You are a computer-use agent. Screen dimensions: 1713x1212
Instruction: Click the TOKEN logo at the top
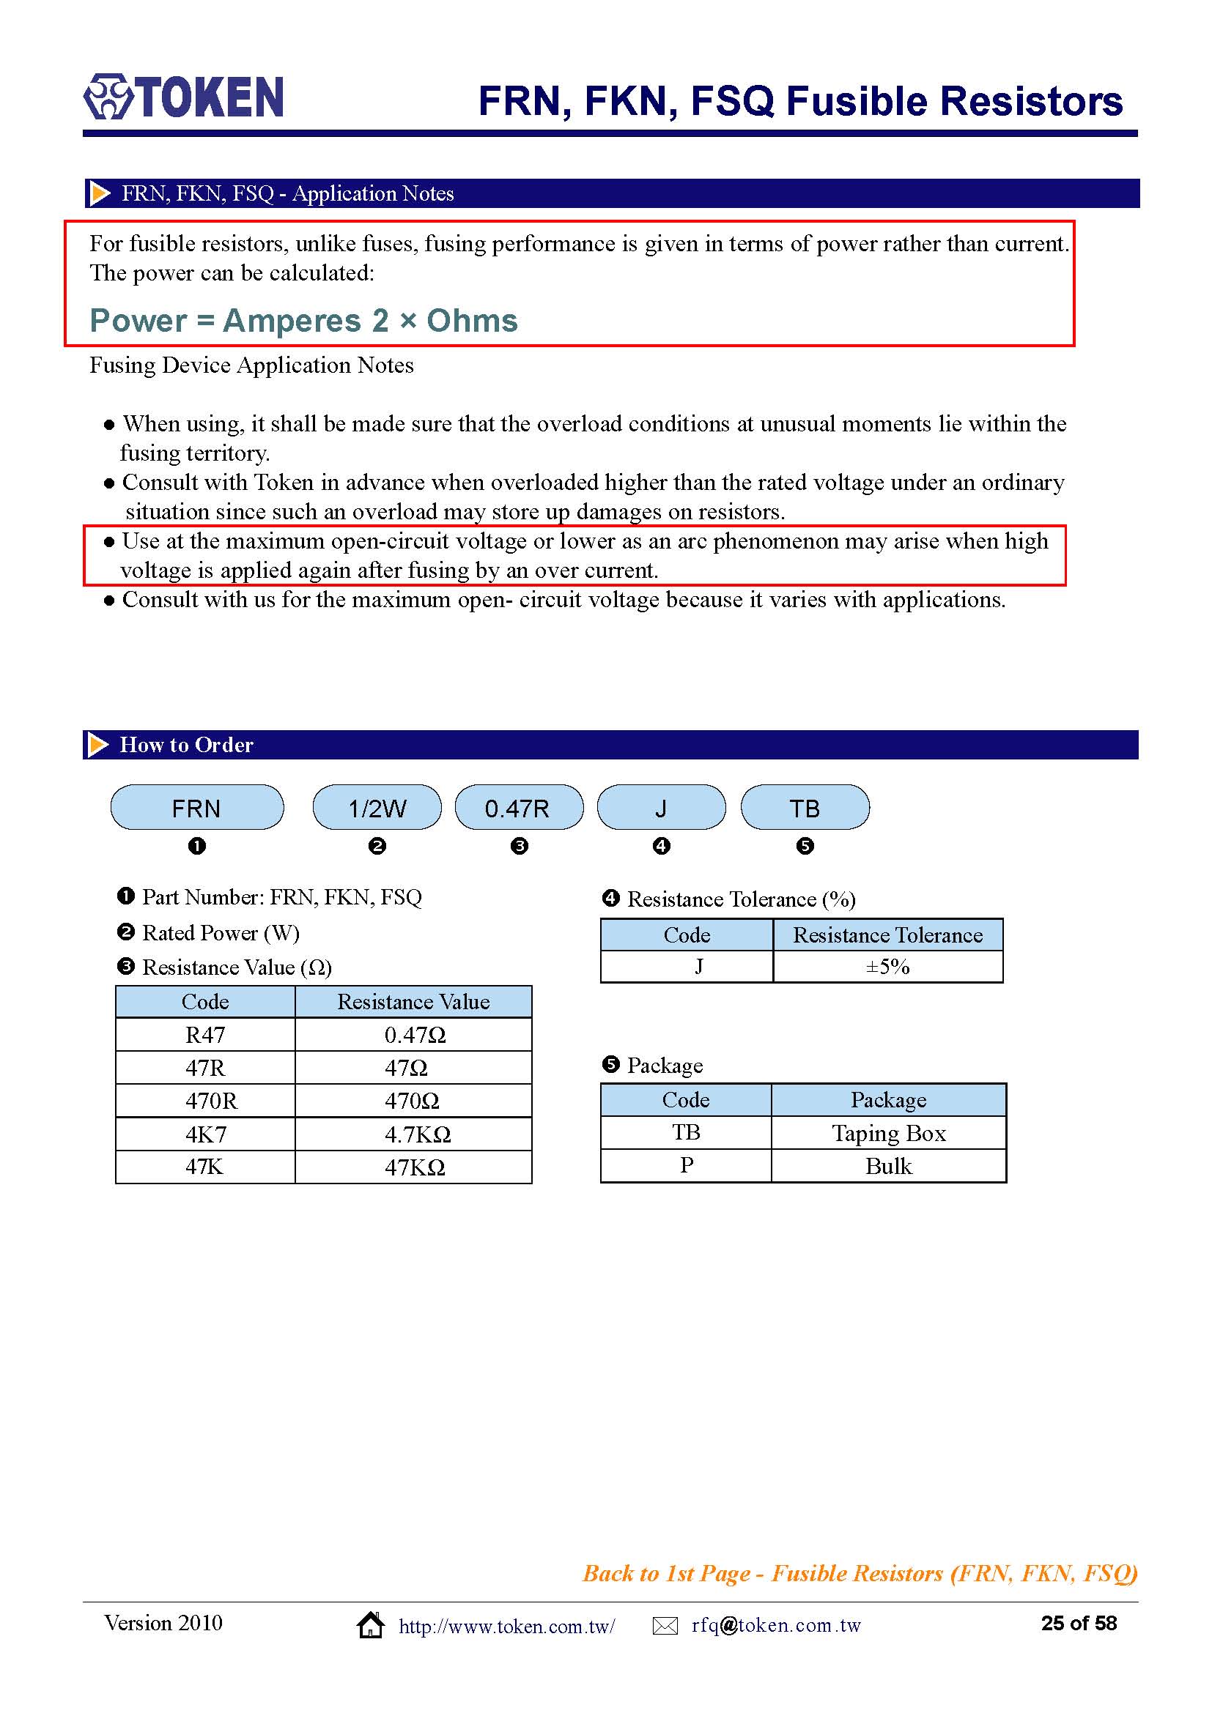pyautogui.click(x=184, y=97)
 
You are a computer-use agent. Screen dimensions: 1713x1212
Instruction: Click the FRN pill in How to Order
pyautogui.click(x=197, y=807)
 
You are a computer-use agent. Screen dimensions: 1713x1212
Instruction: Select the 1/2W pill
pyautogui.click(x=377, y=807)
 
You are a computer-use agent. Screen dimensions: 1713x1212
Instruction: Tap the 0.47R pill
pyautogui.click(x=519, y=807)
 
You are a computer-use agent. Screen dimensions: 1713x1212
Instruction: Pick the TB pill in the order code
pyautogui.click(x=805, y=807)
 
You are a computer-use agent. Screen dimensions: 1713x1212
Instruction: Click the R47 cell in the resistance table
pyautogui.click(x=205, y=1035)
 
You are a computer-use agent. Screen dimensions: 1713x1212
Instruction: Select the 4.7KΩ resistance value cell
pyautogui.click(x=414, y=1134)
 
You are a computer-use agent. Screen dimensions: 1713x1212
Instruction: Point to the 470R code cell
pyautogui.click(x=205, y=1101)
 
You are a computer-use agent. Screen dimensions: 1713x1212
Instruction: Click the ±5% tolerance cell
pyautogui.click(x=887, y=967)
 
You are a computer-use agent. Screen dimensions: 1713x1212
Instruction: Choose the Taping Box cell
pyautogui.click(x=888, y=1133)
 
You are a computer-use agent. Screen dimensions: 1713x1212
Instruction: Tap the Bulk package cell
pyautogui.click(x=888, y=1166)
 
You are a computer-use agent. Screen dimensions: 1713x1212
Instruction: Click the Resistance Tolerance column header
pyautogui.click(x=887, y=934)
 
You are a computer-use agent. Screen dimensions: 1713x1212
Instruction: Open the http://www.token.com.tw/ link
pyautogui.click(x=507, y=1627)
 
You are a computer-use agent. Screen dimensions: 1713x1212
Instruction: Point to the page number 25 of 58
pyautogui.click(x=1079, y=1624)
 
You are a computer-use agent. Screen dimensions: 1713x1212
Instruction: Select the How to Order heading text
pyautogui.click(x=187, y=745)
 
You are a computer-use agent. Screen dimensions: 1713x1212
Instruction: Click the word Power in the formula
pyautogui.click(x=138, y=321)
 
